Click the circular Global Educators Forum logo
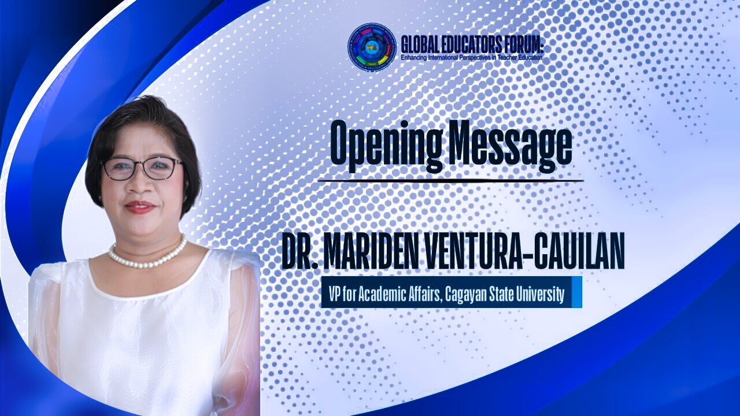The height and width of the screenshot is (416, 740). tap(372, 48)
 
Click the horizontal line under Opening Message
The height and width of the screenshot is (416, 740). tap(450, 181)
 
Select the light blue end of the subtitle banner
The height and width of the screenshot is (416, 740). tap(576, 292)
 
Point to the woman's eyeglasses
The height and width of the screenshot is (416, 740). tap(143, 168)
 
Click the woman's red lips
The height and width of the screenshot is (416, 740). tap(140, 207)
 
